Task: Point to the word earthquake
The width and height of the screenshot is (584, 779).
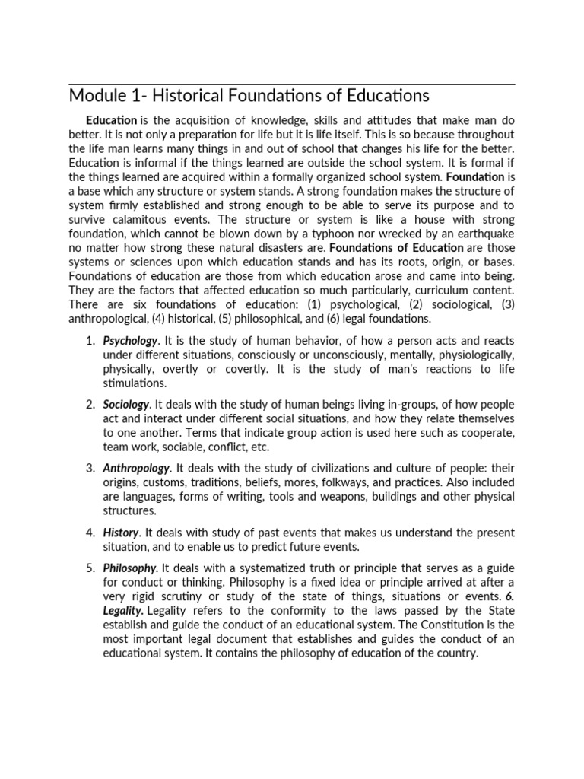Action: (x=480, y=234)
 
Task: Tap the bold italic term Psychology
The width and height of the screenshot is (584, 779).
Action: (x=130, y=341)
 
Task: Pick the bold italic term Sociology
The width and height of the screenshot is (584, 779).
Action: (x=126, y=404)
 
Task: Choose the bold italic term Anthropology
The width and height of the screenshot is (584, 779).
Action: (x=136, y=468)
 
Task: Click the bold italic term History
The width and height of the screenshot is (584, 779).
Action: (x=120, y=532)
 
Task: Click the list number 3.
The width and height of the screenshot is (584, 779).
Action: (x=89, y=468)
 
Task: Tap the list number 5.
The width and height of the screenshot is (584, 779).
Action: (x=89, y=568)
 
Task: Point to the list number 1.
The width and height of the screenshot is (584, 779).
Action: (x=89, y=341)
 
